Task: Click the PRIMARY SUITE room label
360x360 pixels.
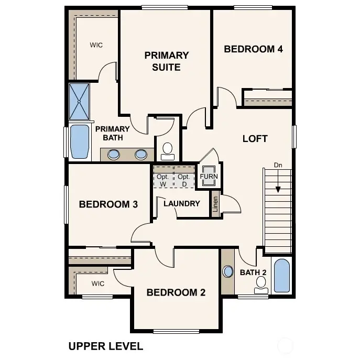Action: click(x=167, y=61)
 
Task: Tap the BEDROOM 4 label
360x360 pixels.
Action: click(x=253, y=49)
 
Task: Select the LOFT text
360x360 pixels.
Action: click(x=255, y=138)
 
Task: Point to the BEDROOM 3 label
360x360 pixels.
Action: click(x=108, y=204)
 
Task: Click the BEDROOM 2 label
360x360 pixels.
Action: click(x=176, y=292)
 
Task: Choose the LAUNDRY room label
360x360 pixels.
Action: click(x=181, y=203)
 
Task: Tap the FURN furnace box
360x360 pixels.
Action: click(x=209, y=177)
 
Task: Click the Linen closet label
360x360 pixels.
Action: click(x=215, y=204)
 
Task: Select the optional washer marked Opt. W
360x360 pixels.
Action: click(x=162, y=180)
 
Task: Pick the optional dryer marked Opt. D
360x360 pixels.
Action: click(x=183, y=180)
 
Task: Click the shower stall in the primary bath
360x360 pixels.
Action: click(x=80, y=101)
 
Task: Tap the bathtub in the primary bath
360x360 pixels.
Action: click(x=80, y=141)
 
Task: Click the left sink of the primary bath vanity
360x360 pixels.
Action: click(x=114, y=155)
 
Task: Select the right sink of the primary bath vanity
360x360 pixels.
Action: click(x=141, y=155)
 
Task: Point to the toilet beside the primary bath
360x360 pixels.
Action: click(x=168, y=151)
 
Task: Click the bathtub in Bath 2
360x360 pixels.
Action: click(x=281, y=276)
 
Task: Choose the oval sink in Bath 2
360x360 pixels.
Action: click(x=228, y=272)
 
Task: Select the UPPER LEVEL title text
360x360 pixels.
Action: click(x=105, y=346)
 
